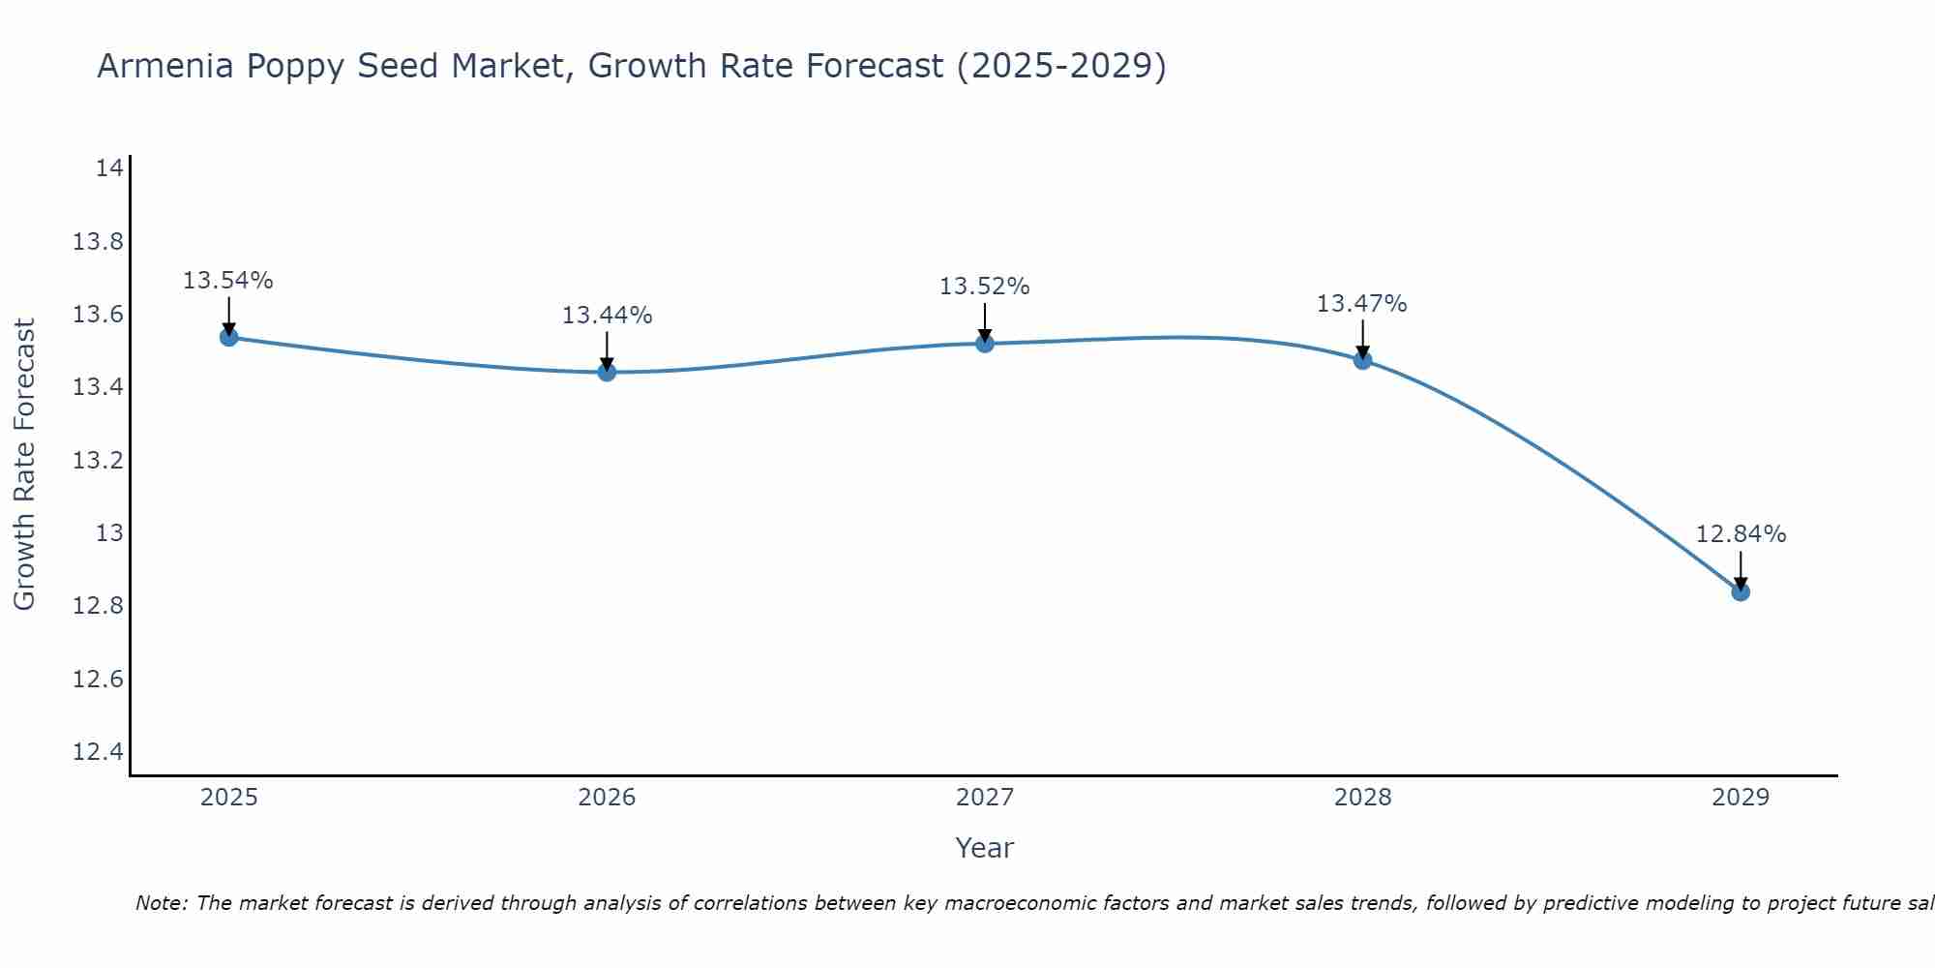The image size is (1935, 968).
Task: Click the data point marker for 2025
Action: pyautogui.click(x=229, y=337)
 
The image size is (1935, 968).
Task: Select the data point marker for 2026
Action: pyautogui.click(x=607, y=372)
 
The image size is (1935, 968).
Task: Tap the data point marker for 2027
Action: pyautogui.click(x=985, y=343)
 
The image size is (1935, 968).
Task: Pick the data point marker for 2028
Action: pyautogui.click(x=1362, y=360)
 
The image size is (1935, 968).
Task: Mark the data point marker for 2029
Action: pyautogui.click(x=1741, y=591)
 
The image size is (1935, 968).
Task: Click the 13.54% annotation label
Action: pyautogui.click(x=228, y=281)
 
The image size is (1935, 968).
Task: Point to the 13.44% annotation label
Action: pyautogui.click(x=607, y=316)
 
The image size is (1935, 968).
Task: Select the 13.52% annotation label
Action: pyautogui.click(x=984, y=287)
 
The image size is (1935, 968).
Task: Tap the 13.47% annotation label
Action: pyautogui.click(x=1361, y=304)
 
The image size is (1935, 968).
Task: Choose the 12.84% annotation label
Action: pyautogui.click(x=1741, y=534)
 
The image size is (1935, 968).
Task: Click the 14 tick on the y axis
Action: pyautogui.click(x=109, y=168)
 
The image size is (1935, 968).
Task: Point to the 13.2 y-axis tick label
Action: pyautogui.click(x=98, y=460)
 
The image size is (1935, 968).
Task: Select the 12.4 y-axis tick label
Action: pyautogui.click(x=98, y=752)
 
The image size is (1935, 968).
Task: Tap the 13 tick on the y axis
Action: pyautogui.click(x=109, y=533)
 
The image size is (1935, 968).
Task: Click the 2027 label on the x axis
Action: pyautogui.click(x=985, y=798)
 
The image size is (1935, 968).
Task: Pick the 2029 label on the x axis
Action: pyautogui.click(x=1741, y=798)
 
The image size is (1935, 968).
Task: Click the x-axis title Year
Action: pyautogui.click(x=984, y=848)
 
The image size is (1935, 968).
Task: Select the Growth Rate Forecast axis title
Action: pyautogui.click(x=24, y=465)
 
